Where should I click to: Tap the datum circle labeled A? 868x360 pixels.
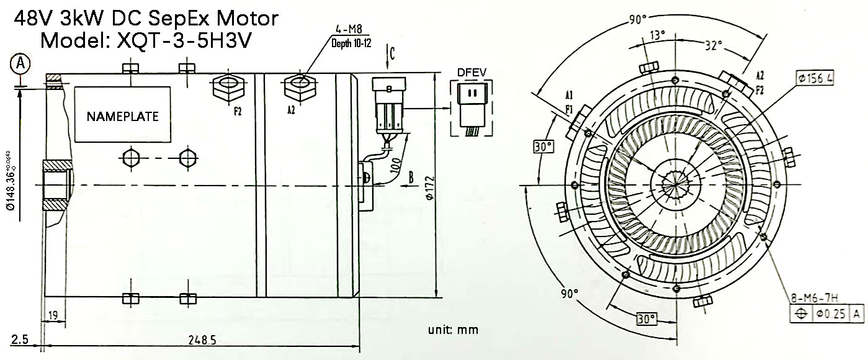(x=20, y=63)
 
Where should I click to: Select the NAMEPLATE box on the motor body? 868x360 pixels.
(x=122, y=116)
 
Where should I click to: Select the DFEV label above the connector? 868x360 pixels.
(x=472, y=73)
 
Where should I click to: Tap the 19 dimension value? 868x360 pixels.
(x=53, y=316)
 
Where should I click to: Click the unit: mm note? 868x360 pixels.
(x=452, y=330)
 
